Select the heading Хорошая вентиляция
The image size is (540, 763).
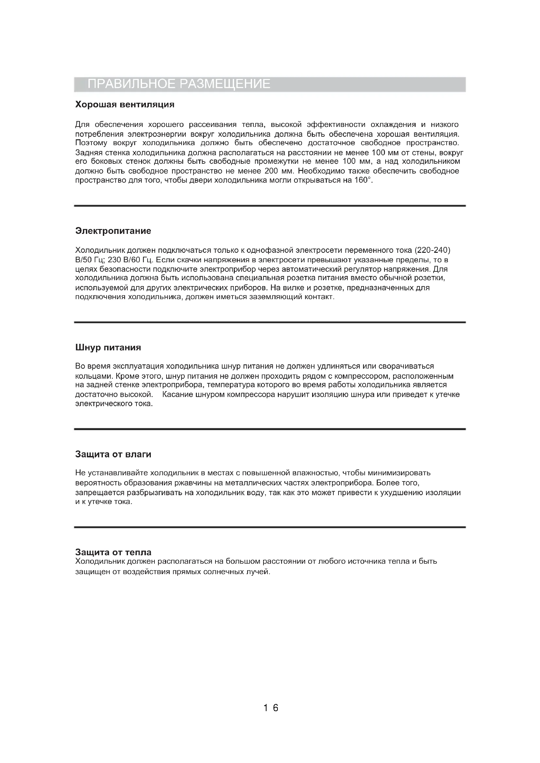coord(125,105)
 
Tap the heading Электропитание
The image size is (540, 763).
coord(113,231)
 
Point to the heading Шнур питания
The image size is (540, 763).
coord(108,348)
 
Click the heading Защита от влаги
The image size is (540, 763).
coord(113,454)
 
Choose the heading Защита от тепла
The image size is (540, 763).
coord(113,553)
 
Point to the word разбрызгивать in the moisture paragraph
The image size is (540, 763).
coord(155,493)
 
